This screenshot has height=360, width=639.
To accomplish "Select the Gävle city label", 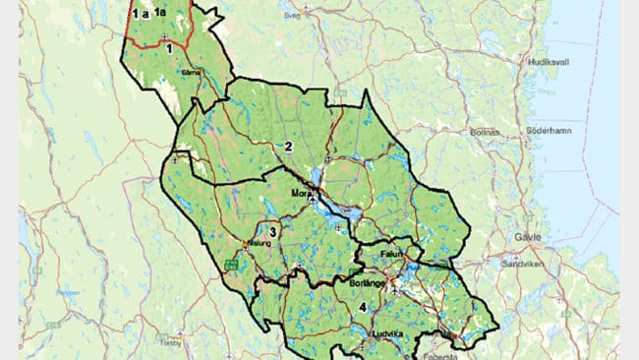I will point(528,238).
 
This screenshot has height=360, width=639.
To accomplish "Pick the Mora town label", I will point(301,194).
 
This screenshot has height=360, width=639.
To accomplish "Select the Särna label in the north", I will point(192,73).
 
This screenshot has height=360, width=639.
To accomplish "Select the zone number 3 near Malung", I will point(274,232).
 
